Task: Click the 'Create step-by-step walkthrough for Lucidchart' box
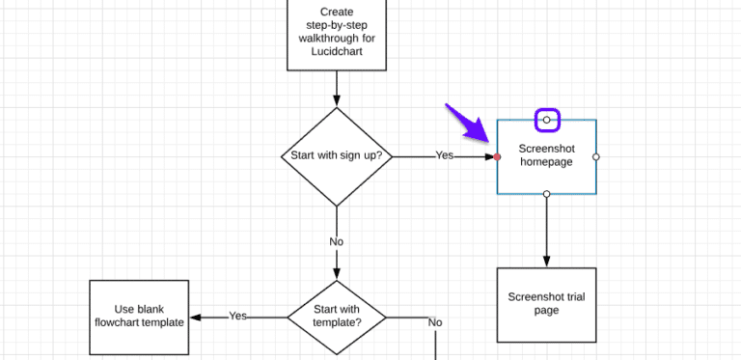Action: point(337,35)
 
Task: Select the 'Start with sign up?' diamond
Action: point(337,156)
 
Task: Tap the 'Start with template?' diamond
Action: point(337,317)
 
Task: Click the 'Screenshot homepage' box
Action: point(546,155)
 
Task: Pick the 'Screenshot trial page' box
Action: point(546,304)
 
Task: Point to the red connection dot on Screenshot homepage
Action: point(497,156)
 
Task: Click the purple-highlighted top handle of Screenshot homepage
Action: point(546,120)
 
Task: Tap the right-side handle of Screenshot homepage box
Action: point(595,156)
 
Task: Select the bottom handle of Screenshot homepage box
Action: point(546,194)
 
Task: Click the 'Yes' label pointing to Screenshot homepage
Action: point(444,155)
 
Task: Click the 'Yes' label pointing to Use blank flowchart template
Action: point(238,317)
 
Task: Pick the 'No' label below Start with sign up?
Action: point(337,242)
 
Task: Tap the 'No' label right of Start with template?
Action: point(435,322)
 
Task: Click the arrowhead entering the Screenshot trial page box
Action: point(546,262)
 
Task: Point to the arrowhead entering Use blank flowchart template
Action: point(193,317)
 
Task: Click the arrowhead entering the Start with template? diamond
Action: point(337,274)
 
